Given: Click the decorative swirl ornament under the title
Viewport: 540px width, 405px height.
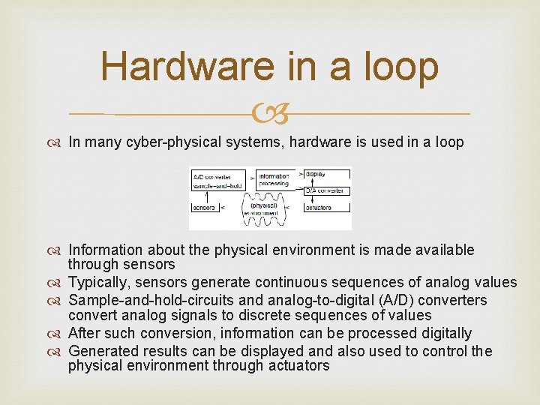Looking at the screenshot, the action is (x=270, y=114).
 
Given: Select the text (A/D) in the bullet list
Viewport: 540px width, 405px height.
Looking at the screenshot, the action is (x=389, y=301).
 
